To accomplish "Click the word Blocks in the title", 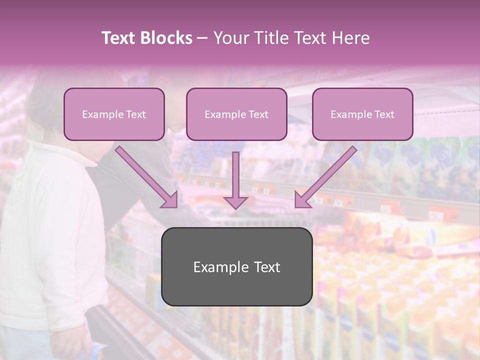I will (x=166, y=38).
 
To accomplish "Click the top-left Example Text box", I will (x=114, y=114).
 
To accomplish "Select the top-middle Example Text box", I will (x=236, y=114).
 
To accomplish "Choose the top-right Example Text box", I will (x=362, y=114).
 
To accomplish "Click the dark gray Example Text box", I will (x=236, y=266).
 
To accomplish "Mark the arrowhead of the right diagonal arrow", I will (x=301, y=201).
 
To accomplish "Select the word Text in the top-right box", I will (x=384, y=114).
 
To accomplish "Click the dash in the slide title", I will (x=202, y=38).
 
